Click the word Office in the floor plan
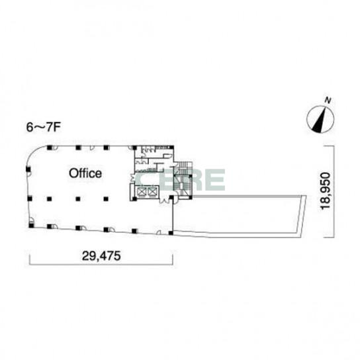coord(85,173)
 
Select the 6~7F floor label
coord(43,128)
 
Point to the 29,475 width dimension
coord(101,255)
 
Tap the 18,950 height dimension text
coord(326,191)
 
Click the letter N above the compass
coord(328,101)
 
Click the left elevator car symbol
coord(142,192)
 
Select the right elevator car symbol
coord(152,192)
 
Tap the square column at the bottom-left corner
coord(31,226)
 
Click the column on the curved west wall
coord(28,169)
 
